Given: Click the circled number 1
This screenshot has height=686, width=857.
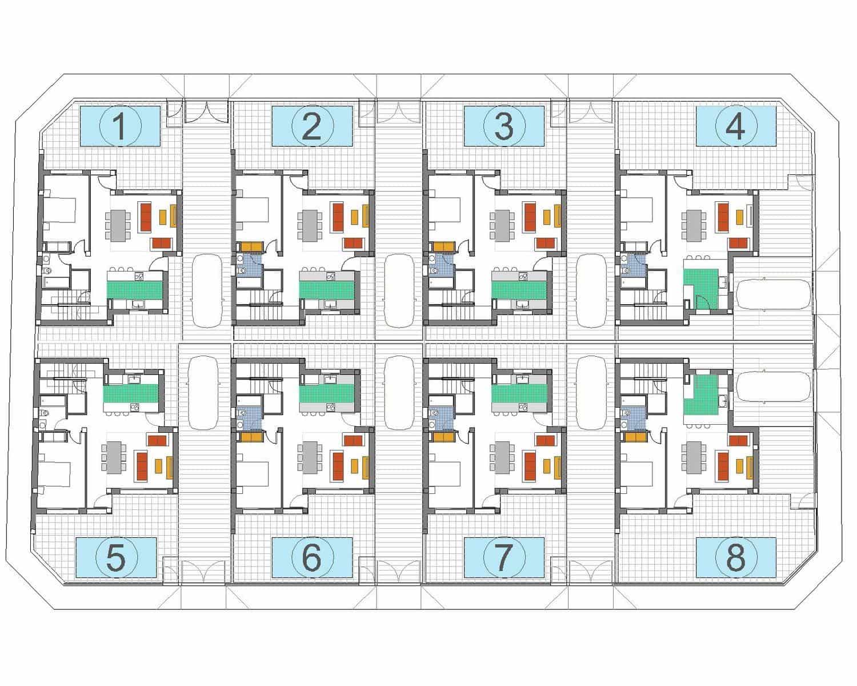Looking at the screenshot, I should click(120, 126).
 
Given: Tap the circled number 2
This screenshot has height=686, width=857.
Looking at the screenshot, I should click(312, 126).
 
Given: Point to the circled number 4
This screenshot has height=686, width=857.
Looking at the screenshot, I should click(735, 126).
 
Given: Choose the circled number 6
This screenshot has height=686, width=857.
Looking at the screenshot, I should click(312, 557).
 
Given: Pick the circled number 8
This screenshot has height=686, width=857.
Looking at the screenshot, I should click(735, 557).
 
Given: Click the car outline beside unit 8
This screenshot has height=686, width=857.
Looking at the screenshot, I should click(772, 387).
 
